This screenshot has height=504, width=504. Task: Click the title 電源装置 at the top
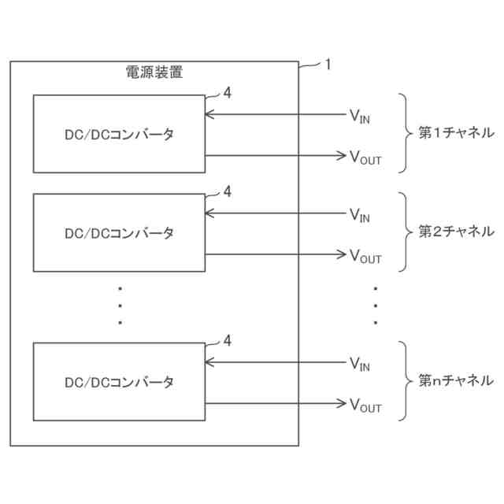(154, 72)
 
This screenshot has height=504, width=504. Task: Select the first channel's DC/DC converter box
(119, 134)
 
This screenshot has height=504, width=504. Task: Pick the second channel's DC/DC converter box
(119, 233)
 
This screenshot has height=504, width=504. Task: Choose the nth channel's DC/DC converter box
(119, 382)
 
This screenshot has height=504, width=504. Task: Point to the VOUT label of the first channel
(365, 157)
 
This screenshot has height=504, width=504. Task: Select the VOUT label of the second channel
(365, 256)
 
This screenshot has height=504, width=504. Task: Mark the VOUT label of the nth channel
(365, 406)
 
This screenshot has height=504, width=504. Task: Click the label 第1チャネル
(455, 132)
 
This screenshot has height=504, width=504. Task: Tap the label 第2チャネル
(455, 232)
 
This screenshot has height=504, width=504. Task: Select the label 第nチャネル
(455, 381)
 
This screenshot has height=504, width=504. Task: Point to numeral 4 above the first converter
(228, 93)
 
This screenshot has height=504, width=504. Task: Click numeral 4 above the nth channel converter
(228, 340)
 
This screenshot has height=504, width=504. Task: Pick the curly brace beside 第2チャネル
(404, 232)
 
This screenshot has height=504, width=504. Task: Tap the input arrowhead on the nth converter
(209, 362)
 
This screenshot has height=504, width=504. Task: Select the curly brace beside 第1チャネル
(404, 133)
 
